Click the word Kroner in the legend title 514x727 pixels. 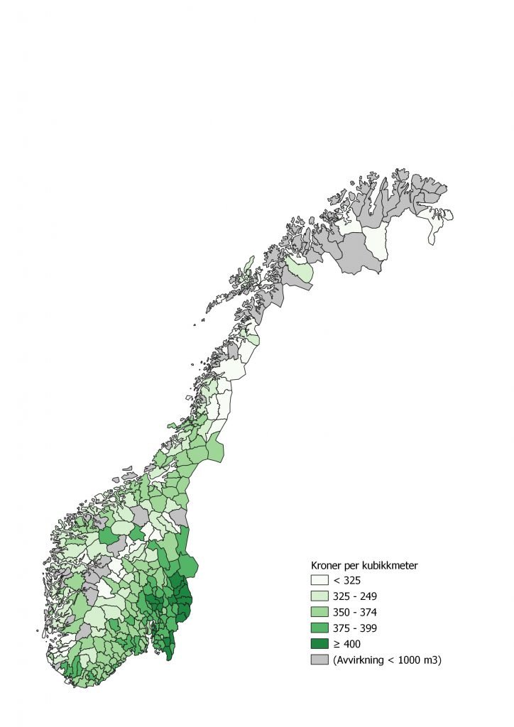pos(327,565)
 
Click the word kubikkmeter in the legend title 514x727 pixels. pos(389,565)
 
